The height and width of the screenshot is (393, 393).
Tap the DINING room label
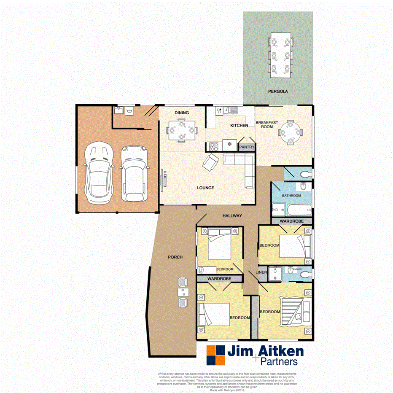click(x=182, y=113)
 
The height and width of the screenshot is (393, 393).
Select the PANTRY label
click(x=247, y=147)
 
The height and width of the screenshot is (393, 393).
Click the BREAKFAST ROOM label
click(x=267, y=124)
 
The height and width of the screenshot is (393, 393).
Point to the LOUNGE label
click(x=205, y=188)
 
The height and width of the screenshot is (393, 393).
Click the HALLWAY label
click(x=232, y=216)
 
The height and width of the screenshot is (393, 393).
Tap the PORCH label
click(x=175, y=257)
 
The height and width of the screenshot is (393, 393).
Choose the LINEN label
click(x=261, y=273)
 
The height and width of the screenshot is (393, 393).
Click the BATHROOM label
click(x=291, y=196)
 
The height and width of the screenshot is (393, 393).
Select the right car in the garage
click(x=134, y=173)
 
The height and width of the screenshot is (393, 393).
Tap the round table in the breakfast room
click(x=291, y=132)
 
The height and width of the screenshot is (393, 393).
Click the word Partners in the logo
click(x=279, y=361)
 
